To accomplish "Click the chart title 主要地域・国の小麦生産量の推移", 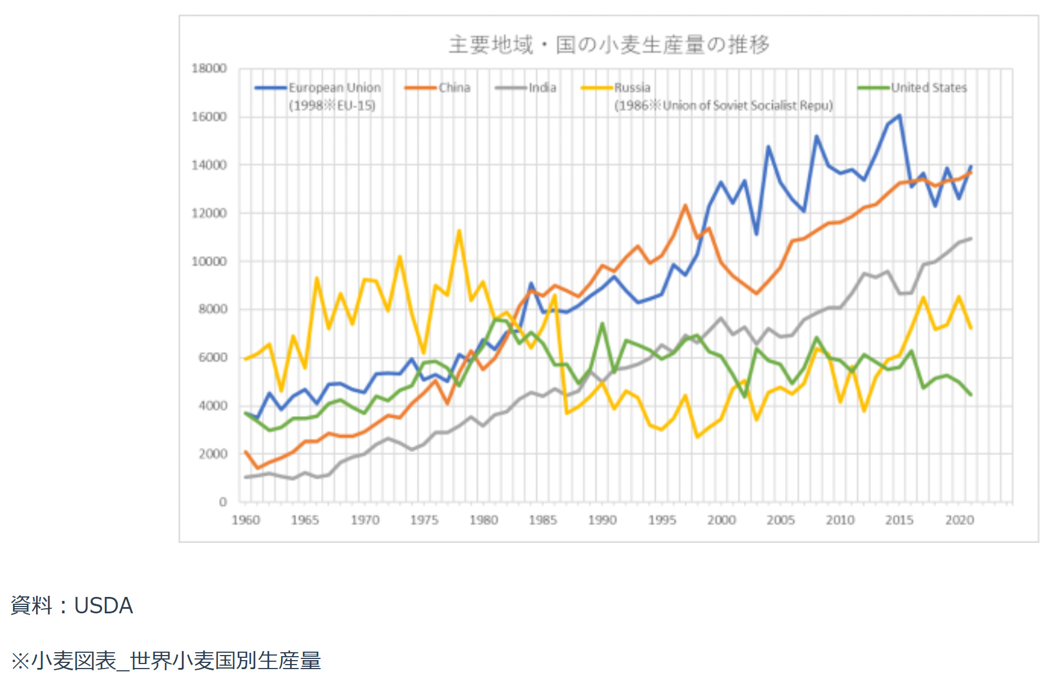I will point(609,45).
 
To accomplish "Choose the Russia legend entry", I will point(632,88).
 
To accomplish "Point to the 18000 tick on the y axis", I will point(209,69).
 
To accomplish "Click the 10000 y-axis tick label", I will point(209,262).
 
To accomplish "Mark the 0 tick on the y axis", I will point(223,502).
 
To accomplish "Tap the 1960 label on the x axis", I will point(246,520).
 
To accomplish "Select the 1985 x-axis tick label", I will point(542,520).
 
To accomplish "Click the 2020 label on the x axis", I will point(959,520).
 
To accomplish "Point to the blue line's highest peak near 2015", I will point(899,116).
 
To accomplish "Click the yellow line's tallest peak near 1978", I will point(460,231).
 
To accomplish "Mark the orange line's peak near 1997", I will point(685,205).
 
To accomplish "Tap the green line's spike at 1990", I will point(602,324).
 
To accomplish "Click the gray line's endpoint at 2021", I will point(971,238).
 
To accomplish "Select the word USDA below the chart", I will point(104,605).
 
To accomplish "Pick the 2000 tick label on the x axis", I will point(721,520).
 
